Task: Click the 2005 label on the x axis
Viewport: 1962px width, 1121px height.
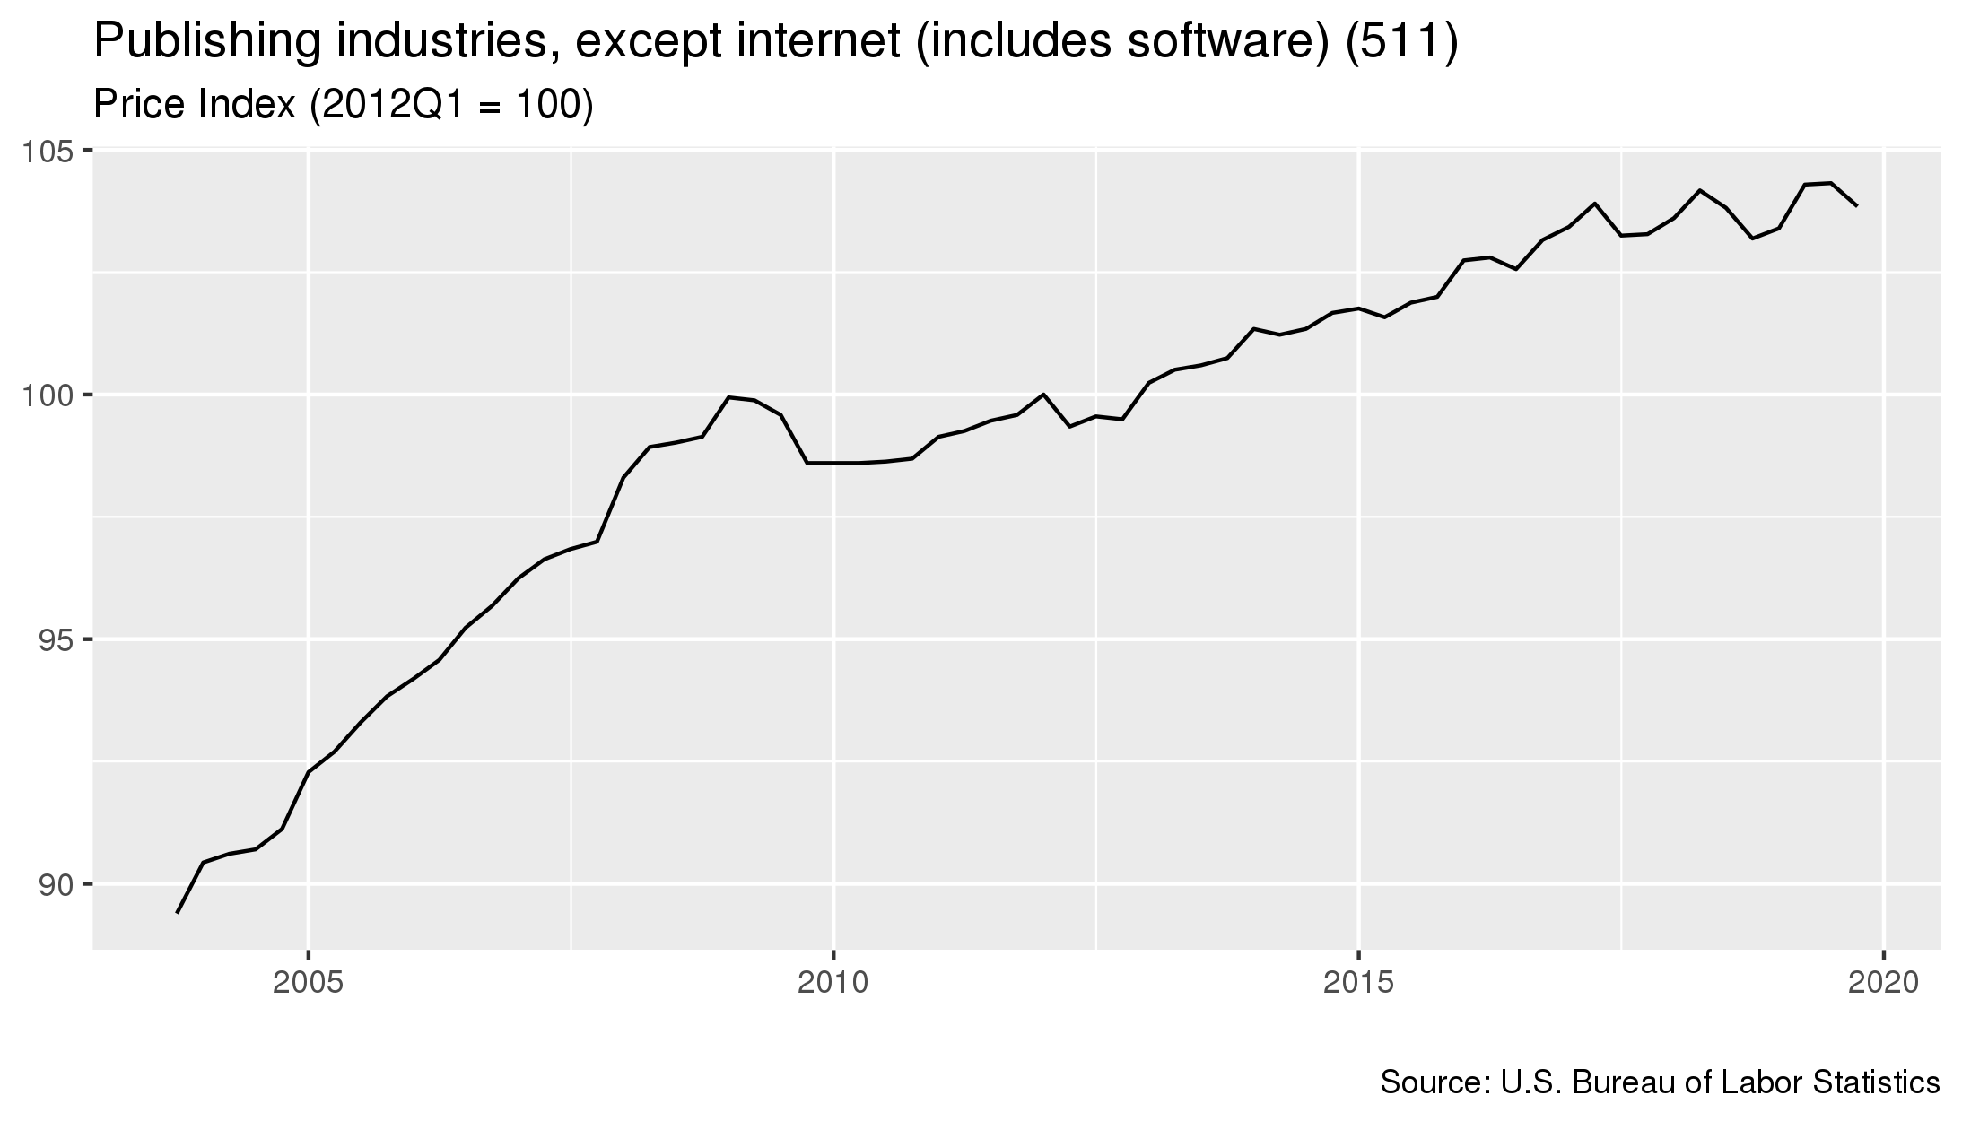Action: (309, 983)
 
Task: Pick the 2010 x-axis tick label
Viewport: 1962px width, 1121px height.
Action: (833, 983)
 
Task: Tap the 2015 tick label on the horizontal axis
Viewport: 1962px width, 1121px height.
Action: (1359, 983)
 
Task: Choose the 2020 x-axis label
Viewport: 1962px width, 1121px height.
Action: (1884, 983)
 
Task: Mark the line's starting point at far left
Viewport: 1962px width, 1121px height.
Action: (178, 913)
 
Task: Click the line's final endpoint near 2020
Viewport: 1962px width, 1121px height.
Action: (1857, 206)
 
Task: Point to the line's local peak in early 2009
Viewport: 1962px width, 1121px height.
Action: (728, 397)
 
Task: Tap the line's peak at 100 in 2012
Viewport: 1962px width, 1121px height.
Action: (1043, 395)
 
